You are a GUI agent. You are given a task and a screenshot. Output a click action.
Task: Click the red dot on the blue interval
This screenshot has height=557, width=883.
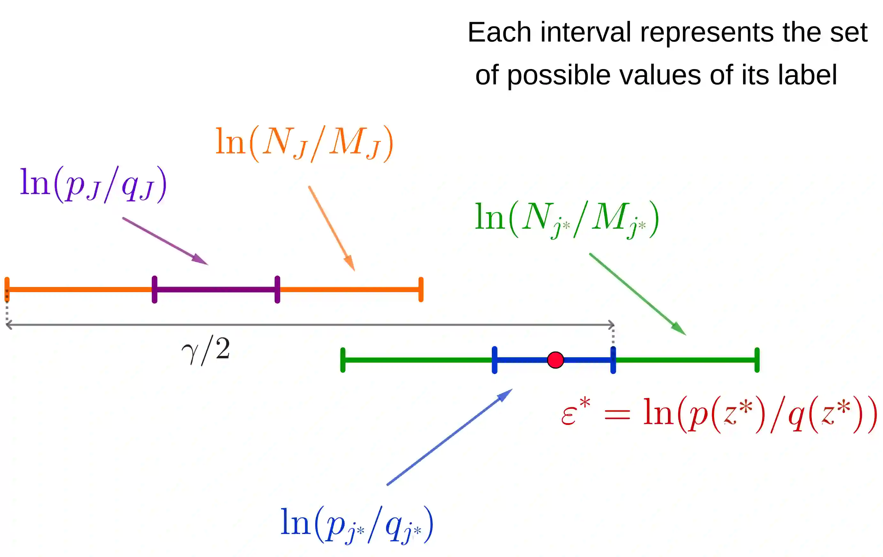555,360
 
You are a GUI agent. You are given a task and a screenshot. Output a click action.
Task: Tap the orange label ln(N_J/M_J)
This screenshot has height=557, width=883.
304,143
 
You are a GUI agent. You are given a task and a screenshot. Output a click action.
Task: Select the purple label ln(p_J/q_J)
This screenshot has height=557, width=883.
94,184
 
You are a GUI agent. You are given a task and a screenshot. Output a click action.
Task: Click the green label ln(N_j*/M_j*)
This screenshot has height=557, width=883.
567,219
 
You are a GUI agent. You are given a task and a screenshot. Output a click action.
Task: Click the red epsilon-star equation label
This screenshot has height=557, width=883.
719,414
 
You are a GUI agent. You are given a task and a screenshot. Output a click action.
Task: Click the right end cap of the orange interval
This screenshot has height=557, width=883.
421,290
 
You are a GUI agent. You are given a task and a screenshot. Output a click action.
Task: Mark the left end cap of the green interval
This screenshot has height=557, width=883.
343,360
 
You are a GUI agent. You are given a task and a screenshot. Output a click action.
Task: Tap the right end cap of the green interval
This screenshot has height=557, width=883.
757,360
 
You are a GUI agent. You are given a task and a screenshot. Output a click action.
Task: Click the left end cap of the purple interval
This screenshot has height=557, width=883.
155,290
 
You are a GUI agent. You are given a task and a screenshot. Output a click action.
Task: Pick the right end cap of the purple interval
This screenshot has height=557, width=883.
277,290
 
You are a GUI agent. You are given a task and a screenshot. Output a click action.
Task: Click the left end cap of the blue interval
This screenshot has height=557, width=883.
494,360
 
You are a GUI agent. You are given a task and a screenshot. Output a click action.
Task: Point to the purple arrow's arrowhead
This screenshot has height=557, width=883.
202,260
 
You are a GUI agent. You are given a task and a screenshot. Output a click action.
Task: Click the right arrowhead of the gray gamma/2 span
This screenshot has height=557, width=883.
612,325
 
